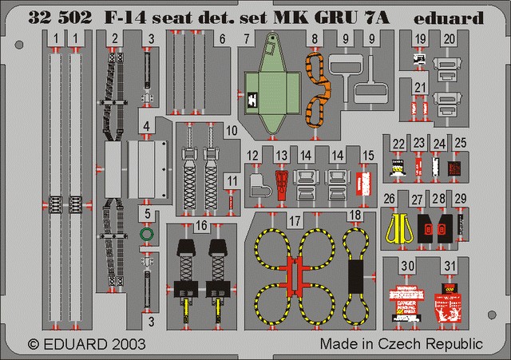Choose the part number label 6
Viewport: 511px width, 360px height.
point(222,38)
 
